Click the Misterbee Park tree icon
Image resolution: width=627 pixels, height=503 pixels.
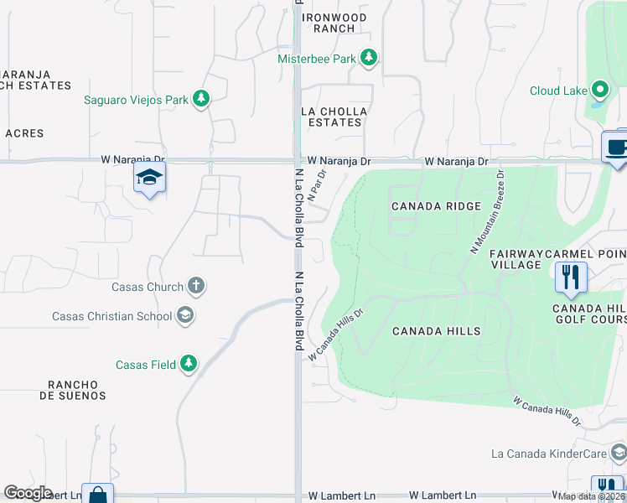tap(369, 58)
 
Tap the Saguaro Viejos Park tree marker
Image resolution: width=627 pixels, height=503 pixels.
tap(200, 100)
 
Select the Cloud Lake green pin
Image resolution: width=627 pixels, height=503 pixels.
tap(600, 90)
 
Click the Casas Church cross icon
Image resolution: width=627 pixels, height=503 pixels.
tap(195, 286)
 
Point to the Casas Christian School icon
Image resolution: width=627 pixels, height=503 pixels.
tap(185, 316)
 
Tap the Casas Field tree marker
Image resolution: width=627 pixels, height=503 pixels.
tap(189, 364)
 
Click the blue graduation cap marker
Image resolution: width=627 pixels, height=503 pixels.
tap(149, 178)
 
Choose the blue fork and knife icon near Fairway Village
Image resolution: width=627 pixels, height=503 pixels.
tap(571, 277)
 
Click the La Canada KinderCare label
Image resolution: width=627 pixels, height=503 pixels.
tap(548, 454)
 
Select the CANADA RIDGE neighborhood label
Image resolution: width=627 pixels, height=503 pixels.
tap(436, 206)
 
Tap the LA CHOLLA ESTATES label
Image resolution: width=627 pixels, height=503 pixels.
tap(334, 117)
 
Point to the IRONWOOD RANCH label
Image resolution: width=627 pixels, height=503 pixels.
tap(334, 23)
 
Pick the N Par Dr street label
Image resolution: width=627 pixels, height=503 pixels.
tap(317, 184)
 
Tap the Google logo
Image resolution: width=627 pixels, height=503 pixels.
tap(28, 493)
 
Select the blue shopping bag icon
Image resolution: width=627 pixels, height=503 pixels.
tap(97, 495)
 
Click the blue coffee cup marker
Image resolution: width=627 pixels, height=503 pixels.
tap(616, 148)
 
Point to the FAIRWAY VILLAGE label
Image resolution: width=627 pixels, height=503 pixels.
tap(517, 259)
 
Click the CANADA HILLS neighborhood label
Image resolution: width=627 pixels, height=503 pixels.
tap(437, 331)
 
